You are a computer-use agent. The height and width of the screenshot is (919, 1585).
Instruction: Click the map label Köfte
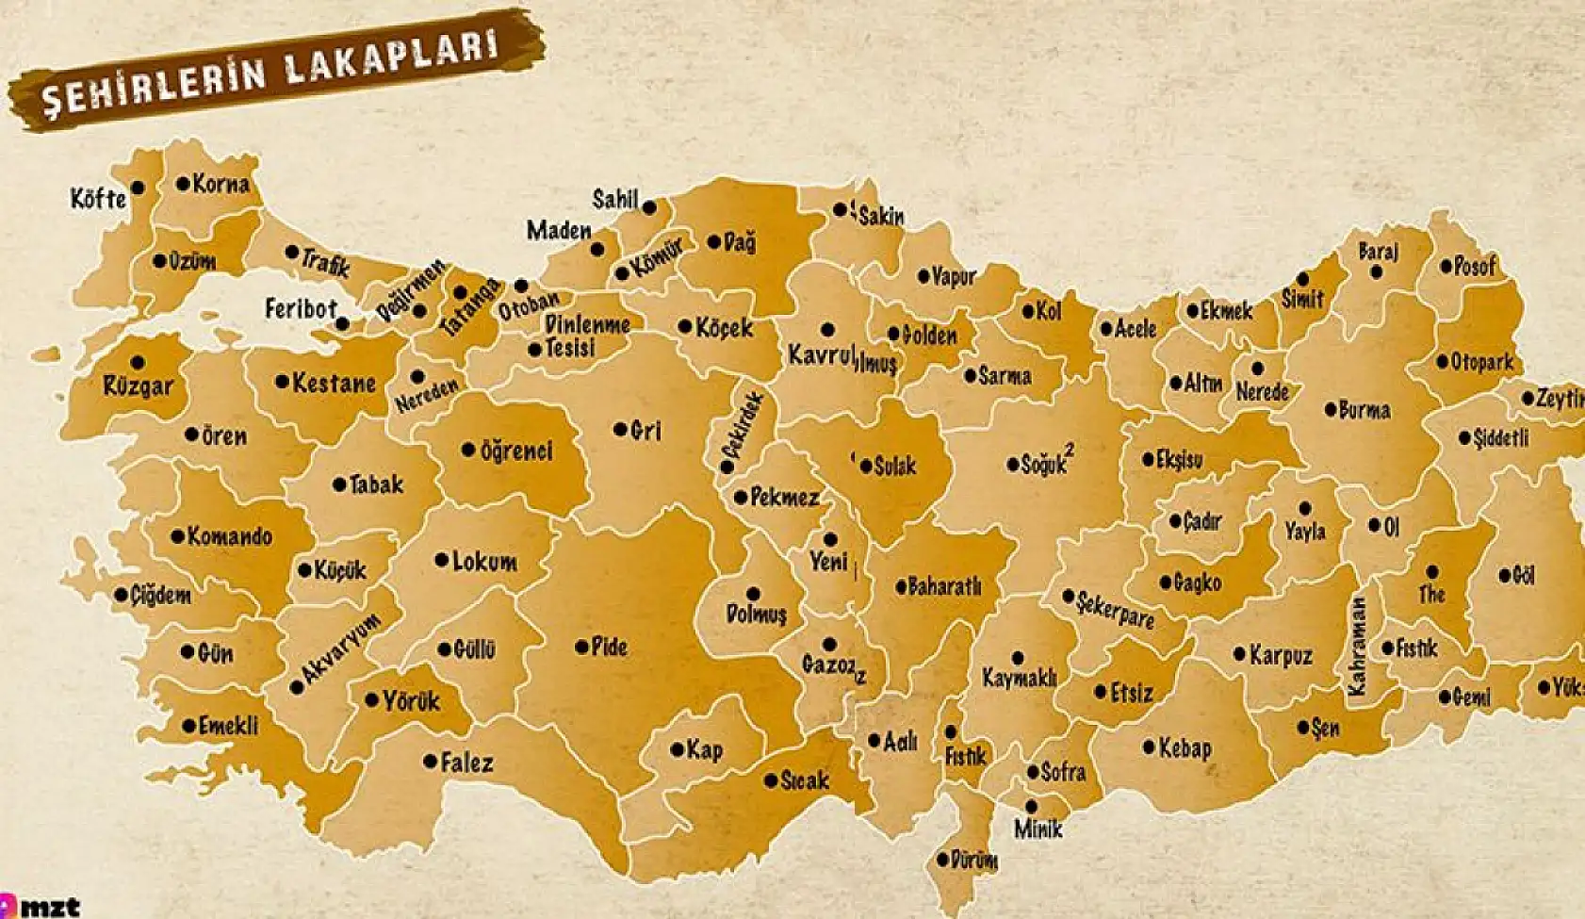click(98, 199)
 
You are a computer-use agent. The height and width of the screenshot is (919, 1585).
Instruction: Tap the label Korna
click(221, 184)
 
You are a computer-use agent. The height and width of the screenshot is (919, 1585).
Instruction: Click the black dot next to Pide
click(581, 647)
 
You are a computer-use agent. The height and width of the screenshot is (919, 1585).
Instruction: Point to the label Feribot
click(301, 308)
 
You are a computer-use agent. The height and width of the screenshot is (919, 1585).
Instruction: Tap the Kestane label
click(334, 383)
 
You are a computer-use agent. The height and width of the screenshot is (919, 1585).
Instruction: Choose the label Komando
click(229, 536)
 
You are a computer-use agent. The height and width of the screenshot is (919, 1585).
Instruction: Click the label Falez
click(466, 762)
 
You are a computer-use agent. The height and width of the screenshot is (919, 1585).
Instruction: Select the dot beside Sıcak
click(771, 780)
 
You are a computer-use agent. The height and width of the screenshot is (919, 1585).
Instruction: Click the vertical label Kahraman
click(1357, 646)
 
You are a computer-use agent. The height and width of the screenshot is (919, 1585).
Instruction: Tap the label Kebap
click(1185, 748)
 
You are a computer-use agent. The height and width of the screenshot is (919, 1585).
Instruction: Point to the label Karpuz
click(1281, 655)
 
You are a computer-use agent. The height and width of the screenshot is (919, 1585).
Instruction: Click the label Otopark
click(1482, 361)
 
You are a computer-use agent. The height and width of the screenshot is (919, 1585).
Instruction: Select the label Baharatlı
click(944, 586)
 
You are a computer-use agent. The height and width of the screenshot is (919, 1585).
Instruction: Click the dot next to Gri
click(620, 430)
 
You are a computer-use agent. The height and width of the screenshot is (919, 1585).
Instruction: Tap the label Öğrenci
click(516, 451)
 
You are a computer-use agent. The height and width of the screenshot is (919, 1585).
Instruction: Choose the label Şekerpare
click(1116, 610)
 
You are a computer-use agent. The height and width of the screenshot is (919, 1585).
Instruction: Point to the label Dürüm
click(973, 860)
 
